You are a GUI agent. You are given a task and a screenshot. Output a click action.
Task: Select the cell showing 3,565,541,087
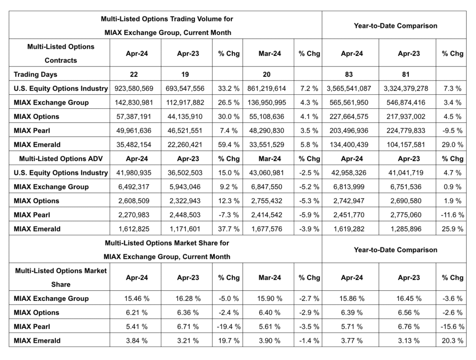click(x=351, y=88)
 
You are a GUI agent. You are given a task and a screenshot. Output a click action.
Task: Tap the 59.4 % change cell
click(x=228, y=144)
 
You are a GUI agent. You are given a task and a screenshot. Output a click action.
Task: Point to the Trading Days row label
click(x=36, y=74)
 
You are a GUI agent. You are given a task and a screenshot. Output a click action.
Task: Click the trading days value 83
click(x=351, y=74)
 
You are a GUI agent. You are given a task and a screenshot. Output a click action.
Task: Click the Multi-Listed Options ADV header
click(x=59, y=159)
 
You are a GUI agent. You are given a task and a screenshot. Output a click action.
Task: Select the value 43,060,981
click(x=270, y=173)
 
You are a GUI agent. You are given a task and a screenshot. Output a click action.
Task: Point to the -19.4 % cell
click(x=228, y=327)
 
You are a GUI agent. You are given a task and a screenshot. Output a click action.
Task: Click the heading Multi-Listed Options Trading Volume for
click(x=167, y=19)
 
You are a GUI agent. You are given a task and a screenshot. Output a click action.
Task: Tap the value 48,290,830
click(x=270, y=130)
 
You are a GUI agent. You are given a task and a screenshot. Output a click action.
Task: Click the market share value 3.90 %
click(x=270, y=340)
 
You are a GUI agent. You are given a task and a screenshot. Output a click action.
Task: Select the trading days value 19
click(x=188, y=74)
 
